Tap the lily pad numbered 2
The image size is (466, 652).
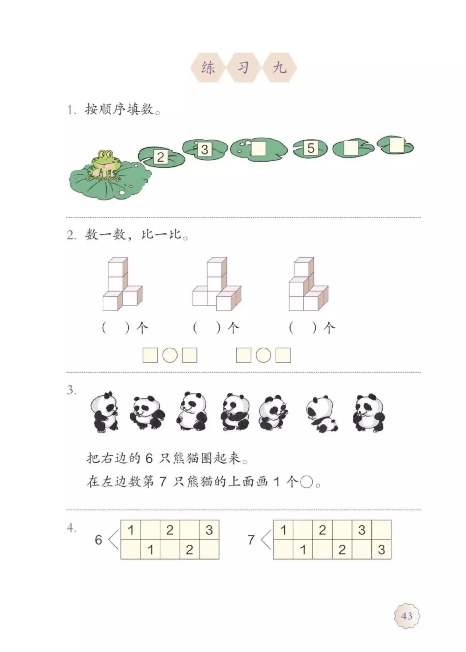pos(161,157)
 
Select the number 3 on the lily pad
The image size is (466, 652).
pos(205,149)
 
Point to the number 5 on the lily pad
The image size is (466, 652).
pos(310,148)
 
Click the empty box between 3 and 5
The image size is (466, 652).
pos(259,149)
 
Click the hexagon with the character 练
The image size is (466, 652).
pos(208,68)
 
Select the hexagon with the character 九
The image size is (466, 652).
pos(279,68)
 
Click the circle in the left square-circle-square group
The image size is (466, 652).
pos(170,355)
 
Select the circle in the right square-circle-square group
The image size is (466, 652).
pos(263,355)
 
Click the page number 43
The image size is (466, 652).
pos(407,616)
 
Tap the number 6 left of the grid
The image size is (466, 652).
pos(98,540)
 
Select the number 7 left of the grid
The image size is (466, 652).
pos(250,540)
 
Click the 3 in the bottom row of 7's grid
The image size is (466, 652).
pos(381,549)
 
